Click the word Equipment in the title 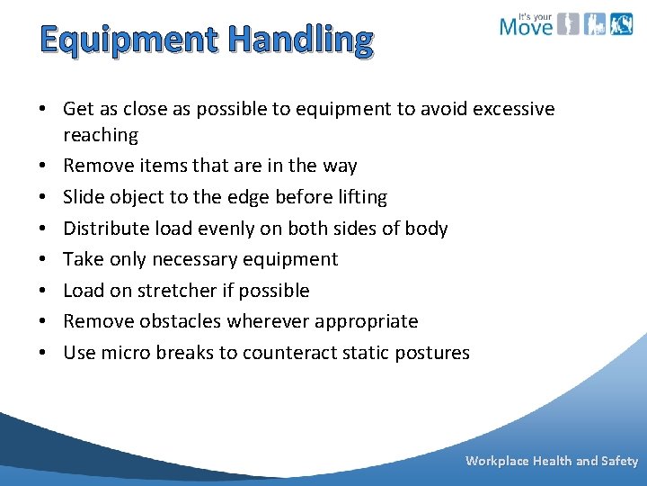point(129,40)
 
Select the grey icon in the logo point(567,24)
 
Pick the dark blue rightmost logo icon point(622,24)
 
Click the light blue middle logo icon point(595,24)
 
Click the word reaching point(101,136)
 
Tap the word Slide point(84,197)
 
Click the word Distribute point(103,229)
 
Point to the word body point(426,229)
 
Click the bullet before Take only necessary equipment point(42,260)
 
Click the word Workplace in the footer point(497,461)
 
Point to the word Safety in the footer point(620,461)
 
